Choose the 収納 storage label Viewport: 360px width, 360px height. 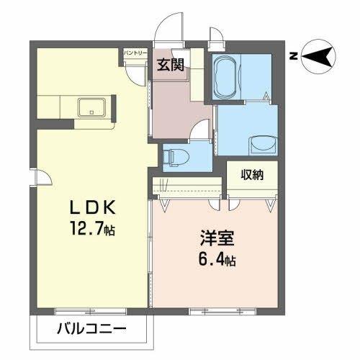[x=251, y=175]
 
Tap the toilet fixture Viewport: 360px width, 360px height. [x=176, y=154]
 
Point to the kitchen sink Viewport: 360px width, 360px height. [x=91, y=109]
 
